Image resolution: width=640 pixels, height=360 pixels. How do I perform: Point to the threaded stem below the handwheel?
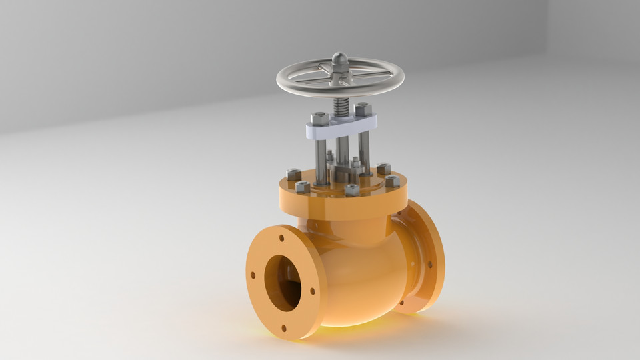pos(340,107)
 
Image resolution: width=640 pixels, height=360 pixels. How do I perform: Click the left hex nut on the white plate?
pos(319,119)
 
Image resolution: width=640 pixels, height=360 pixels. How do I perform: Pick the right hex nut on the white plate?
pos(363,109)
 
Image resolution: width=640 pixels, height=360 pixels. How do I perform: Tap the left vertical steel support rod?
pos(321,160)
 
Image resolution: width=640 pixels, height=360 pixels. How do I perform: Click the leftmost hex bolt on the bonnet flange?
pos(293,175)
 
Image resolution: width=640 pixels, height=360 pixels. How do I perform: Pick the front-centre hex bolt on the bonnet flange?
pos(352,190)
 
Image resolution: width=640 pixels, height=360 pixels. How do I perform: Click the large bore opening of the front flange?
pos(283,283)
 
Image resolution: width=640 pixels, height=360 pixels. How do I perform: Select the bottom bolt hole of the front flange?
pos(285,328)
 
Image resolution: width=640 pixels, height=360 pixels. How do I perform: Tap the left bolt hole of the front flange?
pos(253,274)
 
